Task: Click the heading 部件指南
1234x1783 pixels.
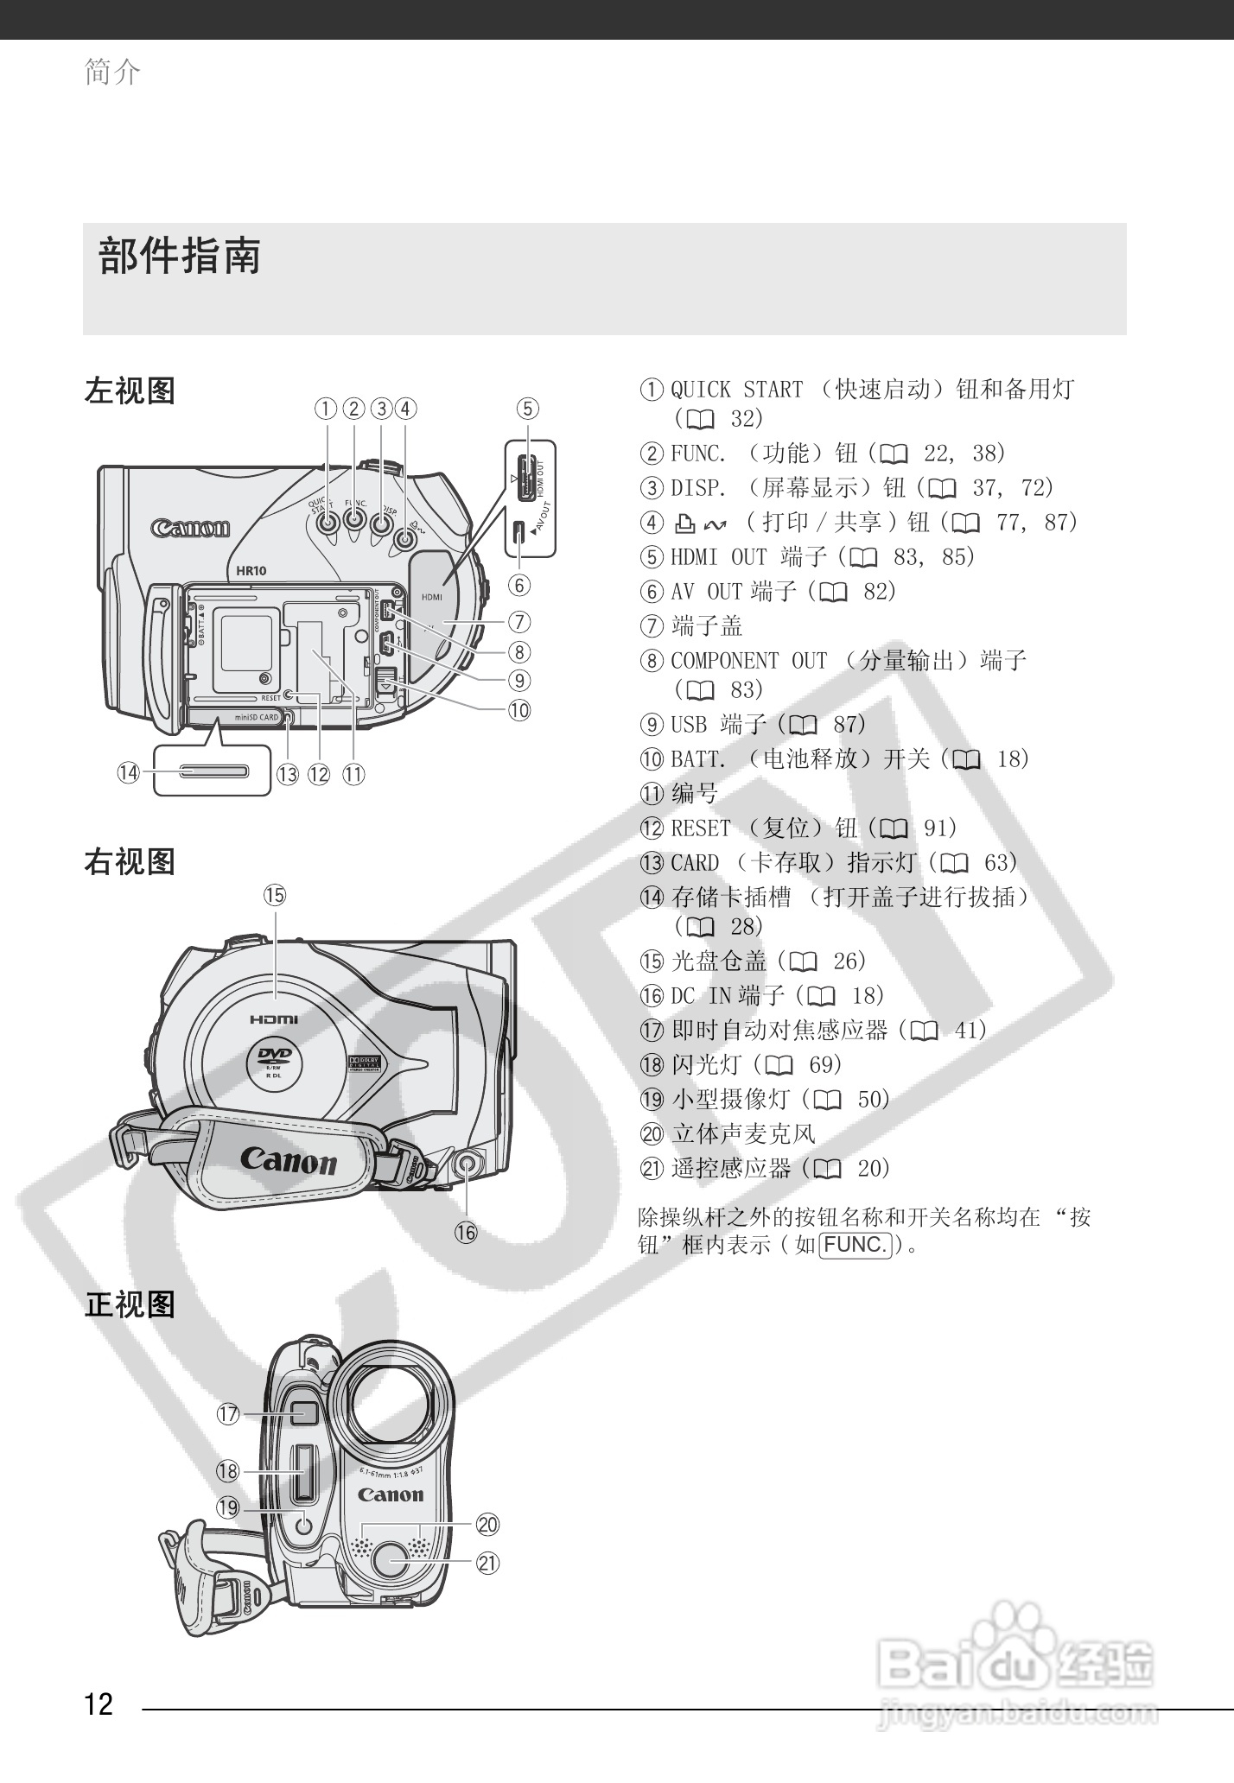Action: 180,257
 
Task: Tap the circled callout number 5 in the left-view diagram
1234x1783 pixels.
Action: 527,408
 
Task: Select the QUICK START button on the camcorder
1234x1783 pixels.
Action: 327,521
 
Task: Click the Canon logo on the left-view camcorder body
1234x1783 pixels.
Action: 190,528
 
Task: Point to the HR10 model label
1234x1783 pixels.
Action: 251,570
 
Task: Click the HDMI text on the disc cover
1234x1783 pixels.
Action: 274,1019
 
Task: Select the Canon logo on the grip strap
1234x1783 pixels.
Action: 288,1161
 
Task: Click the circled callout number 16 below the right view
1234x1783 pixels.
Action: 466,1232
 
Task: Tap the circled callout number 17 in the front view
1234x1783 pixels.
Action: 228,1414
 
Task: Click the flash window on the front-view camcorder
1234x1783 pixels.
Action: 301,1472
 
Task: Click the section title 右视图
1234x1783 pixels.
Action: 130,861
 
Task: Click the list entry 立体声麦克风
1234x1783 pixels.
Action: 743,1133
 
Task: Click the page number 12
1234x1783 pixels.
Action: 99,1704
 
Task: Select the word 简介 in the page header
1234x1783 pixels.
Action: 112,72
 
